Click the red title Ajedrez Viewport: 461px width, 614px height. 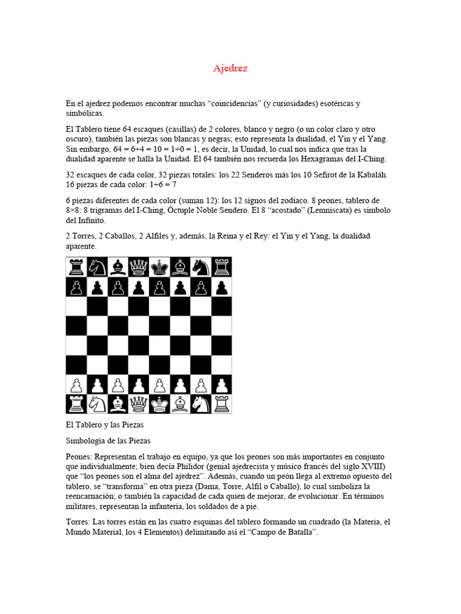(x=230, y=68)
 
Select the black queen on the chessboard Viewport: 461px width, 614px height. (x=139, y=267)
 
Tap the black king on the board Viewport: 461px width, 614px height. (x=159, y=267)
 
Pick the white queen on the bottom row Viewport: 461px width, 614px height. (x=139, y=404)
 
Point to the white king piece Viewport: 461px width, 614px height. (x=159, y=404)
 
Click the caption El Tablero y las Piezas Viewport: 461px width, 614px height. (x=104, y=425)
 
